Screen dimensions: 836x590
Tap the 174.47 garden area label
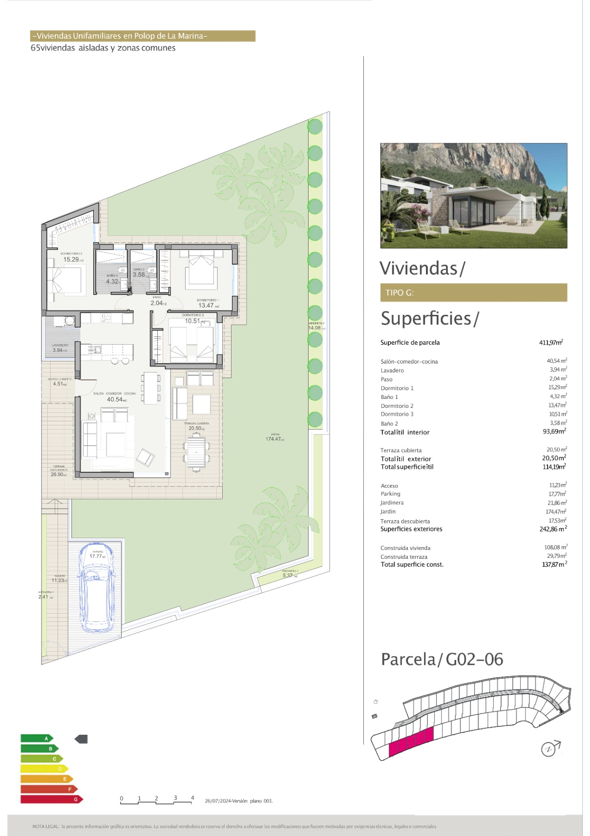274,439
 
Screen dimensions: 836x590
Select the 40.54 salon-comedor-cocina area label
116,399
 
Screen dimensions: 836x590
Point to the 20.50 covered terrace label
196,428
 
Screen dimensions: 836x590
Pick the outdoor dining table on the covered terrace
196,452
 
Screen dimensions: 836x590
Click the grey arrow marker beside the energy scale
81,739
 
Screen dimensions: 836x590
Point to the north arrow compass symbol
549,748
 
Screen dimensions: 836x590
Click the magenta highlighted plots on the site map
411,742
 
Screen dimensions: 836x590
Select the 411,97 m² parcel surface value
551,343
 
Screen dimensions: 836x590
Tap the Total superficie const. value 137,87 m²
554,565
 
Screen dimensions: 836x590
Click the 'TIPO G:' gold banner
473,292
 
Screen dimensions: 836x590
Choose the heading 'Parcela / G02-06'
442,660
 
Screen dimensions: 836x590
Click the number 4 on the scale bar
192,798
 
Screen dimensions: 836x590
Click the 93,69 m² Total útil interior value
554,432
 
